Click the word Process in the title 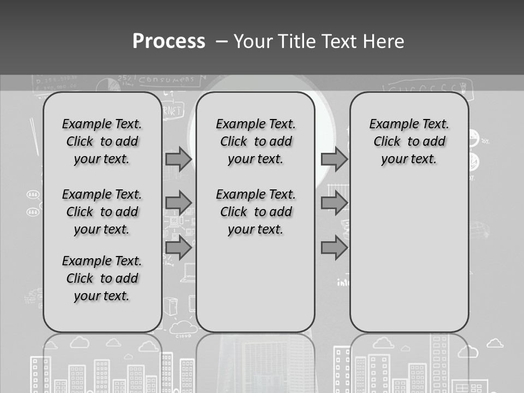tap(169, 41)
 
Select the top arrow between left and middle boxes tap(178, 159)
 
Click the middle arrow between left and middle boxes tap(178, 203)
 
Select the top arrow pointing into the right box tap(334, 159)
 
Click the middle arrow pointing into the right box tap(334, 203)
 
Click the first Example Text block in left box tap(102, 141)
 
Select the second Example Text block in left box tap(102, 212)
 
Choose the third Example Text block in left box tap(102, 278)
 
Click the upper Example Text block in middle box tap(255, 141)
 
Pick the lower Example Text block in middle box tap(255, 212)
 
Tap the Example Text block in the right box tap(409, 141)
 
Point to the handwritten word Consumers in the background tap(166, 80)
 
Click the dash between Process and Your tap(221, 41)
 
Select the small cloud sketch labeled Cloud tap(183, 327)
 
